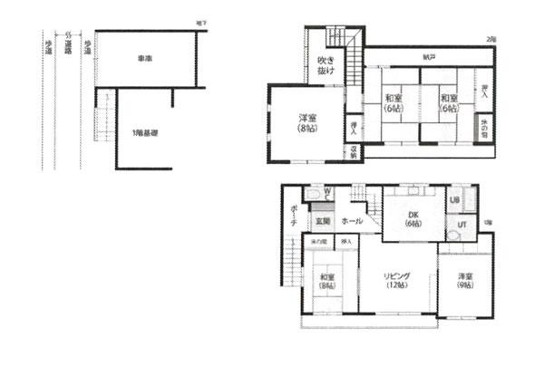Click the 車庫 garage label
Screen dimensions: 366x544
click(x=144, y=59)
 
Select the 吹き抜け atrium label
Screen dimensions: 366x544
click(x=325, y=65)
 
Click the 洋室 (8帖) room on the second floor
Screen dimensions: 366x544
click(x=306, y=123)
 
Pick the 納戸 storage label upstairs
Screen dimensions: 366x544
click(x=427, y=57)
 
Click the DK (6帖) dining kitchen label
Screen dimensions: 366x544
click(x=413, y=218)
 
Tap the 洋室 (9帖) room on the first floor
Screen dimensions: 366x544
click(x=464, y=280)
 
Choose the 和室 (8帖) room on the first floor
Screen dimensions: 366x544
click(x=325, y=283)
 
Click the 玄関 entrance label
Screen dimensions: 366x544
click(x=321, y=220)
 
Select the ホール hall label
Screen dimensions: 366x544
click(x=353, y=220)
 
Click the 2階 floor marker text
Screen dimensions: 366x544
click(x=491, y=41)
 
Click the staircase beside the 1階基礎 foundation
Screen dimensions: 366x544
click(x=102, y=118)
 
